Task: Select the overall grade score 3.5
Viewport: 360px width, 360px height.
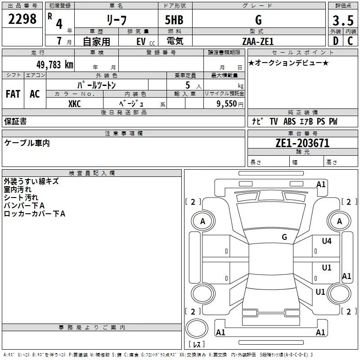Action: tap(342, 20)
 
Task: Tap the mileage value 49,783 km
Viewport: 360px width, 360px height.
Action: tap(54, 64)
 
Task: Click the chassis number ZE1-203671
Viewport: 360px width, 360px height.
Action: tap(302, 143)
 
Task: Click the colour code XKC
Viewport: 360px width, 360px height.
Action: tap(74, 104)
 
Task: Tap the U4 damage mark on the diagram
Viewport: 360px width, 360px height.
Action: tap(326, 241)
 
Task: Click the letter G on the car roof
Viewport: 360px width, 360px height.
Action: tap(284, 237)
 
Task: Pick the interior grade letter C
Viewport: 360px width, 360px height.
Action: tap(350, 41)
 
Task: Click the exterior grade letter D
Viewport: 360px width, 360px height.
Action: tap(335, 41)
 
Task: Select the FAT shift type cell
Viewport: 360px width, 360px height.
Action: tap(13, 94)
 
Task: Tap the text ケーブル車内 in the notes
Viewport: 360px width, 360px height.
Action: tap(27, 143)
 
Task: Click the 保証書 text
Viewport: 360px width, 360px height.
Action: tap(15, 121)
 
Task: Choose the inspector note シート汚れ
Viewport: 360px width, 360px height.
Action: tap(21, 198)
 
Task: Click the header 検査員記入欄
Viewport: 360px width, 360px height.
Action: tap(92, 173)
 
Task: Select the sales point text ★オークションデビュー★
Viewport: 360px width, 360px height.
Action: tap(288, 63)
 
